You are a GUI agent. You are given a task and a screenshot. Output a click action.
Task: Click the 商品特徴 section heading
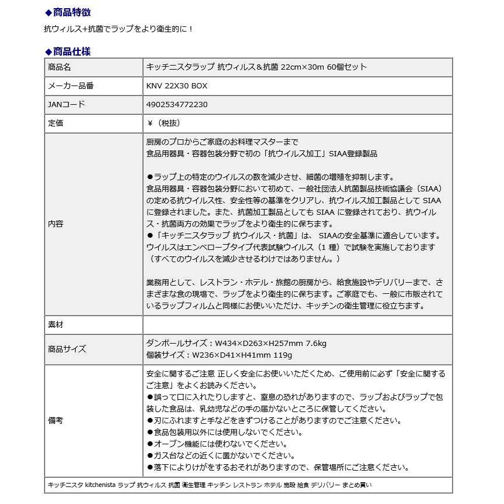[x=71, y=12]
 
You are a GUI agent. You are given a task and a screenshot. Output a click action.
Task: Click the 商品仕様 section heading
[x=71, y=52]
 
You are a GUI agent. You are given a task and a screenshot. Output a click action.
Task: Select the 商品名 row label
[x=59, y=67]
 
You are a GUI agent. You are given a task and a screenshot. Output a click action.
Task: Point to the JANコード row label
[x=66, y=105]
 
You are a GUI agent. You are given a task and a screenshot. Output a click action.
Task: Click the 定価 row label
[x=55, y=124]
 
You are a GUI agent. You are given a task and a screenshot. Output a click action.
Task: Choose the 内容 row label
[x=55, y=224]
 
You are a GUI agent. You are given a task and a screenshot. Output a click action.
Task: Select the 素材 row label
[x=55, y=325]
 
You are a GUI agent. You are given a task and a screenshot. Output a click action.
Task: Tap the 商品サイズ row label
[x=67, y=349]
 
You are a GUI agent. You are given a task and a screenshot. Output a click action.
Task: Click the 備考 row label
[x=55, y=421]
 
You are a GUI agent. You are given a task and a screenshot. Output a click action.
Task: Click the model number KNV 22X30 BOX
[x=176, y=86]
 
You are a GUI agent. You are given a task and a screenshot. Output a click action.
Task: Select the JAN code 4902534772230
[x=176, y=105]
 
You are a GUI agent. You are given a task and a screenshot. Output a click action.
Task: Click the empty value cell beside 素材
[x=297, y=325]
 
